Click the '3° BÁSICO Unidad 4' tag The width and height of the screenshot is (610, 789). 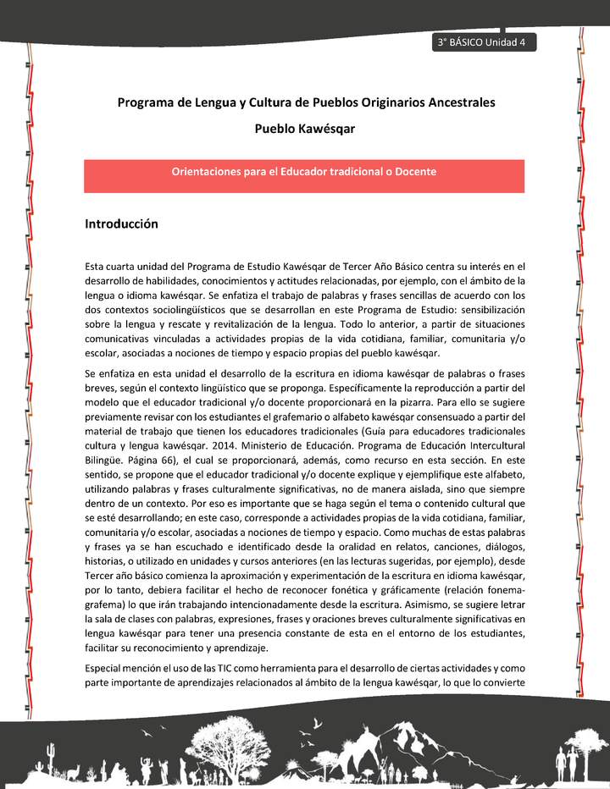click(481, 43)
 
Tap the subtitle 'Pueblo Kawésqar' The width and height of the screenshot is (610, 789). click(304, 130)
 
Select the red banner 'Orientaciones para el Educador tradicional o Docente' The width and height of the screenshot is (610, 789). click(304, 172)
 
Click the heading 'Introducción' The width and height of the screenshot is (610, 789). click(122, 224)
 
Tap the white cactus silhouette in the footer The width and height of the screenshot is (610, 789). click(52, 750)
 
